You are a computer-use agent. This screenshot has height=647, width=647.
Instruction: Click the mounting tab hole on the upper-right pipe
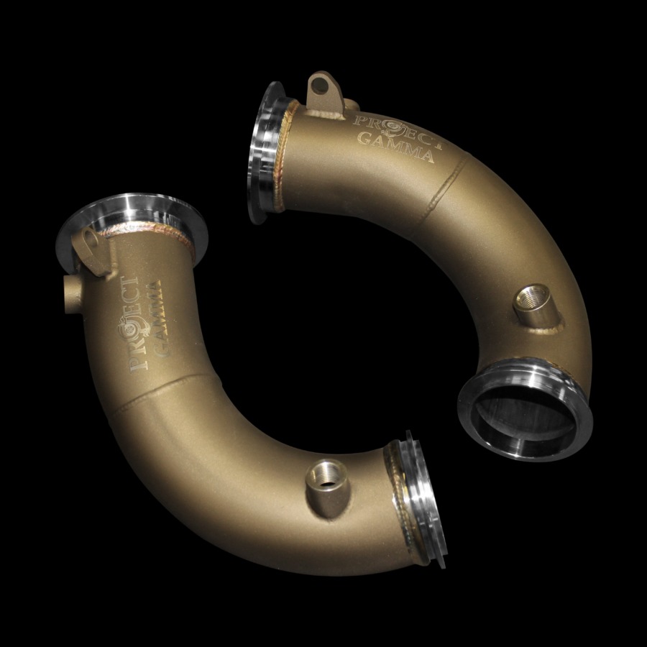(x=317, y=87)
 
